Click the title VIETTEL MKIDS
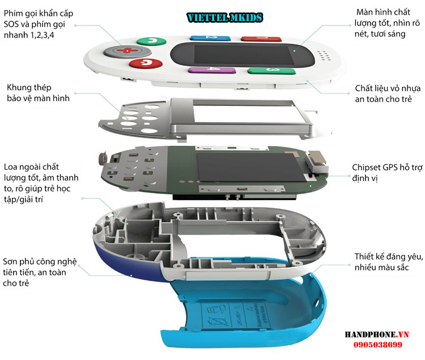(225, 18)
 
